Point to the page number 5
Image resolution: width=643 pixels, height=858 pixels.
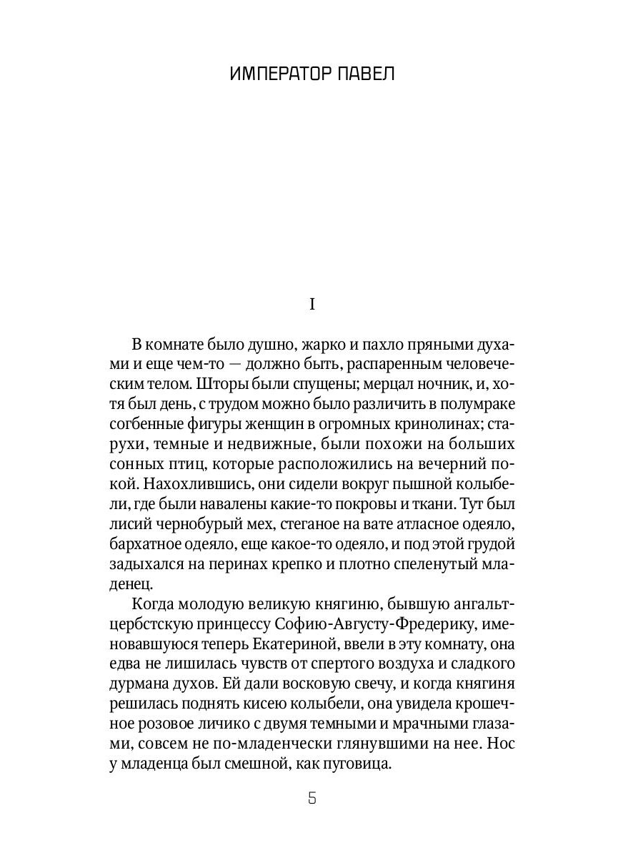tap(311, 798)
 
